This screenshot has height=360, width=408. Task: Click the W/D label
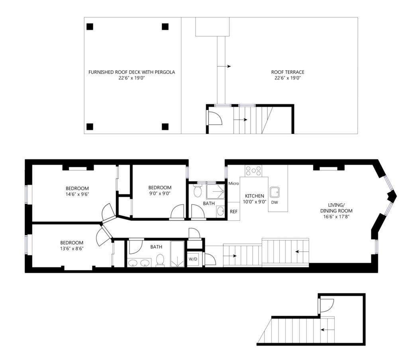(x=193, y=259)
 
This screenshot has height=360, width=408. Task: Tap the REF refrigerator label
(x=233, y=212)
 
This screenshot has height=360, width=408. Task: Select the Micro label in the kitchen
(x=233, y=183)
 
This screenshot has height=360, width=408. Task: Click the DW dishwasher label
(x=275, y=202)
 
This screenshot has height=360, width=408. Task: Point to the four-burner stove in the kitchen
(x=253, y=171)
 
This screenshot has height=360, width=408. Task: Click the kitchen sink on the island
(x=275, y=192)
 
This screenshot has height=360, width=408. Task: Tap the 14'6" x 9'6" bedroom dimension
(x=77, y=194)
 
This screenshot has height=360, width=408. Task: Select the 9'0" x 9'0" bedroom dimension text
(x=160, y=193)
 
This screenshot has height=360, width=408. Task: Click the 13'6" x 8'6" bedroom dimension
(x=72, y=248)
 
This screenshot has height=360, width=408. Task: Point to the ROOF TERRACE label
(x=288, y=72)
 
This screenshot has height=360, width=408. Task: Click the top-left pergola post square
(x=90, y=27)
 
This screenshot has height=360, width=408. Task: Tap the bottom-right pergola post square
(x=165, y=126)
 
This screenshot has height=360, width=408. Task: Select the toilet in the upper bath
(x=198, y=191)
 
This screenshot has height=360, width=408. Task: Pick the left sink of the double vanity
(x=133, y=263)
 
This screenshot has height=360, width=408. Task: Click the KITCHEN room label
(x=255, y=196)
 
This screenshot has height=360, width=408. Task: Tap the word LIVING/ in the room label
(x=336, y=205)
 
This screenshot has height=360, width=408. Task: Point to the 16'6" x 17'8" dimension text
(x=336, y=216)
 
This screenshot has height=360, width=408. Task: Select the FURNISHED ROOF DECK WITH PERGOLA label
(x=131, y=72)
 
